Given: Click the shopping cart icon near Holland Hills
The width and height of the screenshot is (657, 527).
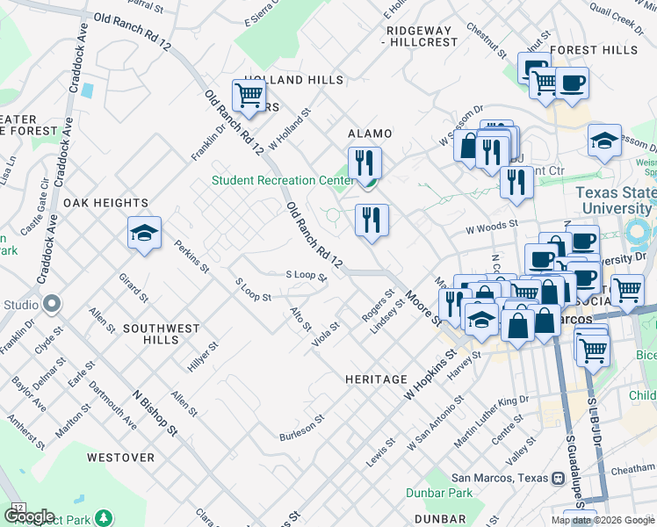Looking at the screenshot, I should [249, 95].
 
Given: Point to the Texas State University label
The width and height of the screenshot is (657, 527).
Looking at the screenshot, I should [615, 200].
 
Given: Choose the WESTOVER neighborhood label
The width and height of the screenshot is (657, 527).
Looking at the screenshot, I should [120, 458].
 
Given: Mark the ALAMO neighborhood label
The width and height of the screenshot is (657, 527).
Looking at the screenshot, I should [370, 134].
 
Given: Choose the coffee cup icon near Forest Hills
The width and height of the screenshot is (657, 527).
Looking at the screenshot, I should [572, 84].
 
